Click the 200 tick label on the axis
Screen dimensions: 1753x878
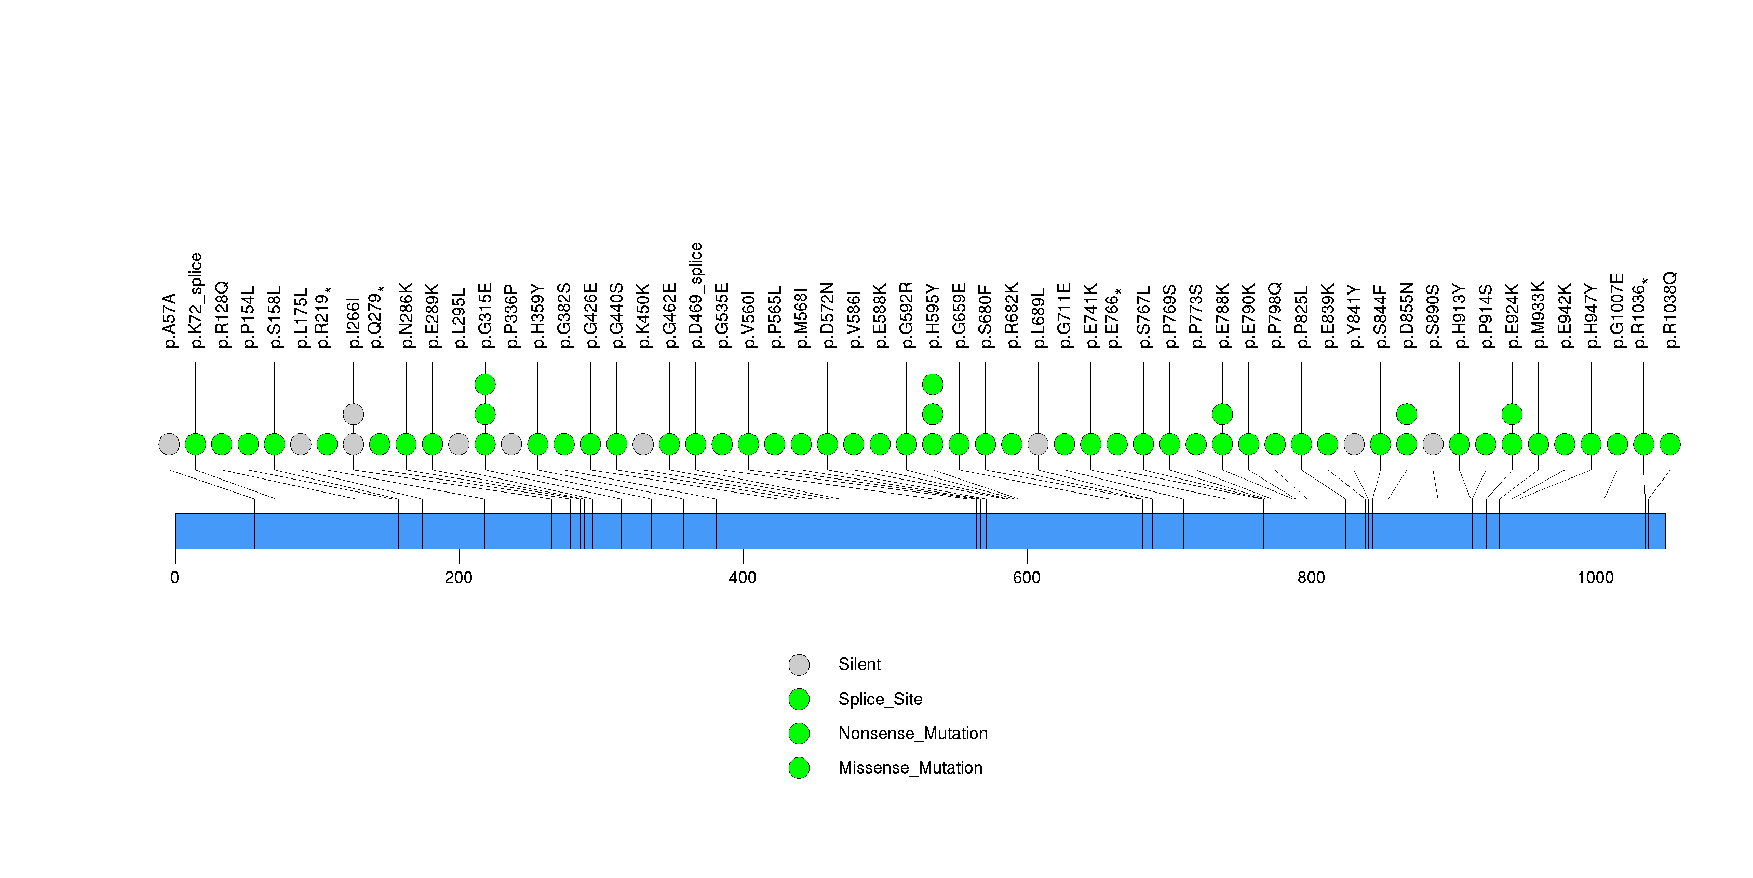[459, 578]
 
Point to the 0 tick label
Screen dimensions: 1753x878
[175, 578]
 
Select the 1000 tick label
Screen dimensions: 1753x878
[1595, 578]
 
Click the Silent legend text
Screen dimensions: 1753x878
[859, 664]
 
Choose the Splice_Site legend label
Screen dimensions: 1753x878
[881, 699]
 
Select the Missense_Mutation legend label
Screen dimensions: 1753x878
[911, 768]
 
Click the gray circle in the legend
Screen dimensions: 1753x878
[799, 665]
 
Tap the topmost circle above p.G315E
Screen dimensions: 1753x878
[484, 384]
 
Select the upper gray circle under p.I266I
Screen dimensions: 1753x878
[353, 414]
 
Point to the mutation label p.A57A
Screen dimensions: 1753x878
[169, 321]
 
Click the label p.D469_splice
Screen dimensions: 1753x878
[695, 295]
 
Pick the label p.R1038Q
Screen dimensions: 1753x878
[1670, 310]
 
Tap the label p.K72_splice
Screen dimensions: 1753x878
[196, 300]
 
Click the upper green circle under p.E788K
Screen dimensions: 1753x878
[1222, 414]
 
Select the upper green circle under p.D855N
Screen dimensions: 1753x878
[1407, 414]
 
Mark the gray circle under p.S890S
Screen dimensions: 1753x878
[1433, 444]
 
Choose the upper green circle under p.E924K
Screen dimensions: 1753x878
[1512, 414]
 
